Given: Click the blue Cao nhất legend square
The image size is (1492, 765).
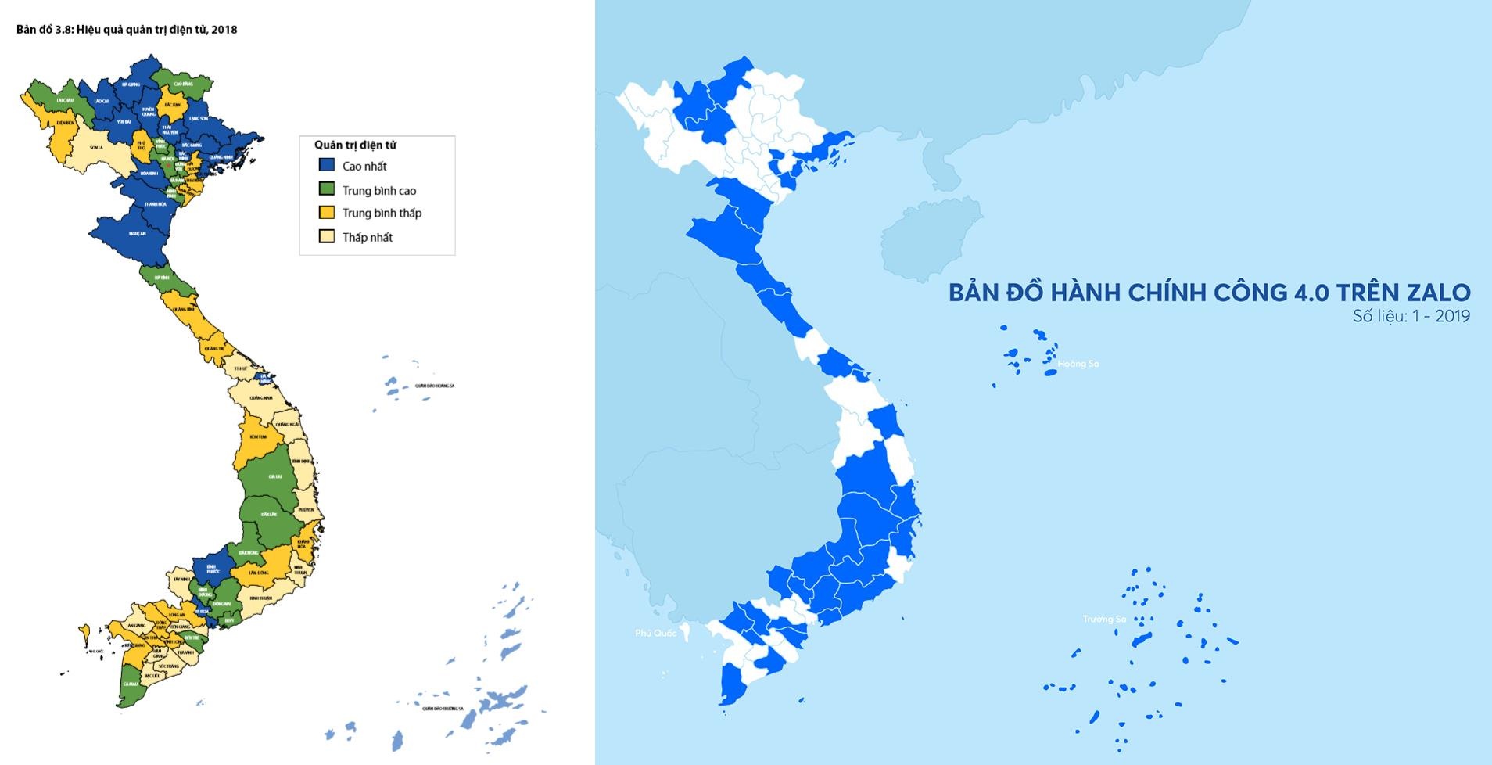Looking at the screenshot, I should pyautogui.click(x=327, y=166).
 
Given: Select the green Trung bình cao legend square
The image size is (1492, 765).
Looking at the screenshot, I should pyautogui.click(x=327, y=189).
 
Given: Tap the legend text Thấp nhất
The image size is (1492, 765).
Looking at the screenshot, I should pyautogui.click(x=367, y=237).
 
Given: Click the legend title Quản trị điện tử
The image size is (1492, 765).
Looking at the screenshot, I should pyautogui.click(x=355, y=145).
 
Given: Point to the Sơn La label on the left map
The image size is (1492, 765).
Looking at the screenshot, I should pyautogui.click(x=96, y=147).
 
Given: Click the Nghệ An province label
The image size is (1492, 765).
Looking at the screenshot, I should pyautogui.click(x=138, y=233).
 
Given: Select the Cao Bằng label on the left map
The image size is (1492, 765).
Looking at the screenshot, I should pyautogui.click(x=183, y=84).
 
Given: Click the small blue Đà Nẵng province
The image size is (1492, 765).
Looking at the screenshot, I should pyautogui.click(x=264, y=378).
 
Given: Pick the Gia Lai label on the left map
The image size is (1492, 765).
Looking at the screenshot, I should pyautogui.click(x=274, y=476).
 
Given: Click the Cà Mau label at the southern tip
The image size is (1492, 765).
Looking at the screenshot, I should pyautogui.click(x=130, y=683).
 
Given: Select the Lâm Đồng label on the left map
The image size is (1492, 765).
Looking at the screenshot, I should pyautogui.click(x=259, y=573).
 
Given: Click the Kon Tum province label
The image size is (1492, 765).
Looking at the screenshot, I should pyautogui.click(x=258, y=436).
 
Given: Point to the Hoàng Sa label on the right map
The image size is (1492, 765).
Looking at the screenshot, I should pyautogui.click(x=1078, y=364).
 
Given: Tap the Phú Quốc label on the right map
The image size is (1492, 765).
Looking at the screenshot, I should pyautogui.click(x=655, y=633).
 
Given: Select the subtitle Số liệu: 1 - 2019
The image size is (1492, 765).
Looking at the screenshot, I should pyautogui.click(x=1411, y=317).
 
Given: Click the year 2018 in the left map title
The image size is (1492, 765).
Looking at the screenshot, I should pyautogui.click(x=225, y=30).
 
